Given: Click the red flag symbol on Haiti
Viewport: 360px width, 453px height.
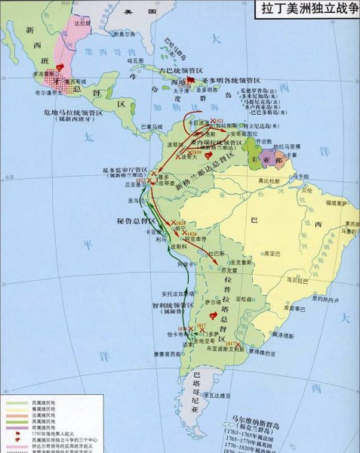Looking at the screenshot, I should pos(192,80).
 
